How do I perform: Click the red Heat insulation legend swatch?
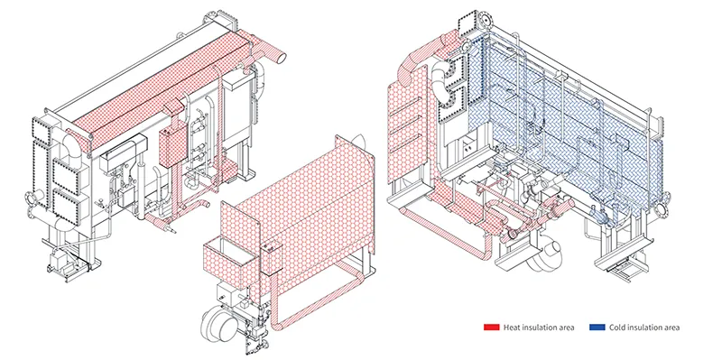click(x=491, y=328)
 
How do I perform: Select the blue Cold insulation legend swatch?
click(x=597, y=328)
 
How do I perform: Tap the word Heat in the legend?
click(x=511, y=328)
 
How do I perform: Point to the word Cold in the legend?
click(x=616, y=328)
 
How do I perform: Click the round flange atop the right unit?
click(x=486, y=19)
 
